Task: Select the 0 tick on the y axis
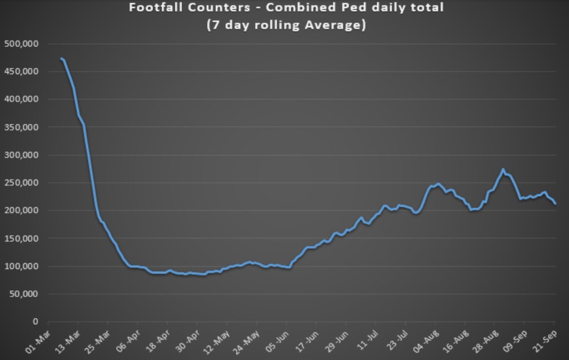(35, 322)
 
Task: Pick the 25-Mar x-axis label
(97, 341)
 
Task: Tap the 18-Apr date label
(157, 341)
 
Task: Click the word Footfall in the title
(153, 8)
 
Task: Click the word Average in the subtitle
(338, 25)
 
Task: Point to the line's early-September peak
(503, 169)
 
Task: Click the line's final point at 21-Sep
(555, 204)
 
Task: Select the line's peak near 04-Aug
(438, 183)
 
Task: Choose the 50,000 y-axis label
(24, 294)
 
